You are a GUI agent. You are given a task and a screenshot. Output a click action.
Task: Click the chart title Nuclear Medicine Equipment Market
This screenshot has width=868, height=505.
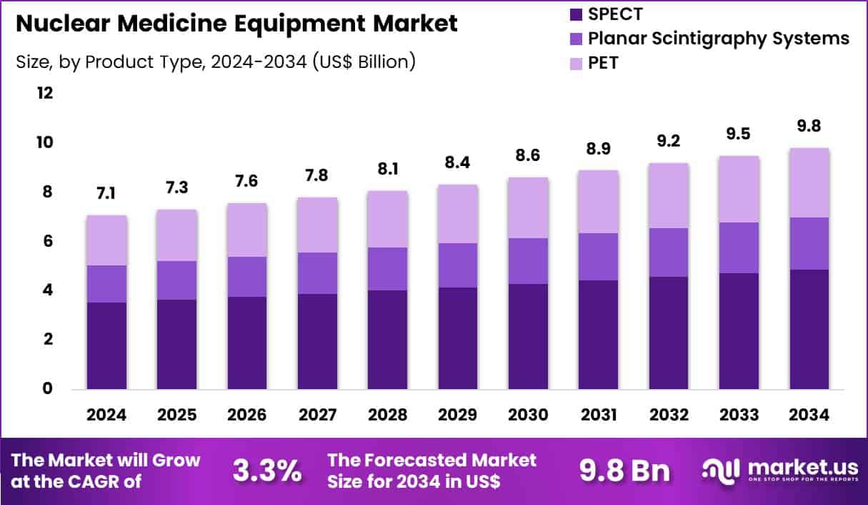(x=236, y=24)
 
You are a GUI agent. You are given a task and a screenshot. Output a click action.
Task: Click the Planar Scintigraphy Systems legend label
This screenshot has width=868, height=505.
(x=719, y=38)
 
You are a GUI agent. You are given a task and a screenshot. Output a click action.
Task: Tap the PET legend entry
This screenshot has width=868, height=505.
(x=603, y=63)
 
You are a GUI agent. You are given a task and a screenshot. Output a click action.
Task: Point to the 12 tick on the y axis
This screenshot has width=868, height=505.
(x=45, y=94)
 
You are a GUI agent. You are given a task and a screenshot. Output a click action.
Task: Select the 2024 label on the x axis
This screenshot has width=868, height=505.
(x=106, y=416)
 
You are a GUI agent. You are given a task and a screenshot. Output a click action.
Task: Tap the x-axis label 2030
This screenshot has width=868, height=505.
(x=528, y=416)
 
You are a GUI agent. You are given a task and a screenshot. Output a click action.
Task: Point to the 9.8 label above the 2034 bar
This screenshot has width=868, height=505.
(x=809, y=127)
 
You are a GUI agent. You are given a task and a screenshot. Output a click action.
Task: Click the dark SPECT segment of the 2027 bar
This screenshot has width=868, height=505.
(x=317, y=341)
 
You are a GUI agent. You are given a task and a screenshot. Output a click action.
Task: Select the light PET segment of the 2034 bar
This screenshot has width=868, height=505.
(x=809, y=182)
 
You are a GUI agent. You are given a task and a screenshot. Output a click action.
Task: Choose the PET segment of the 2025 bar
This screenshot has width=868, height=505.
(x=176, y=235)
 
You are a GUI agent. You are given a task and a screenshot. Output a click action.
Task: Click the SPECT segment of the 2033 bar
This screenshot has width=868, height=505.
(x=739, y=330)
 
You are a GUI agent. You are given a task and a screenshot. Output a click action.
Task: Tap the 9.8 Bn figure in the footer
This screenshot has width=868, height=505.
(x=624, y=471)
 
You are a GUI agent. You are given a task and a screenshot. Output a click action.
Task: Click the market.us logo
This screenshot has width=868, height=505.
(x=779, y=470)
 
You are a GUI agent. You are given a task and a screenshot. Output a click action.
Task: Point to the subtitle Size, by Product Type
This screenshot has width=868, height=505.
(x=215, y=62)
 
